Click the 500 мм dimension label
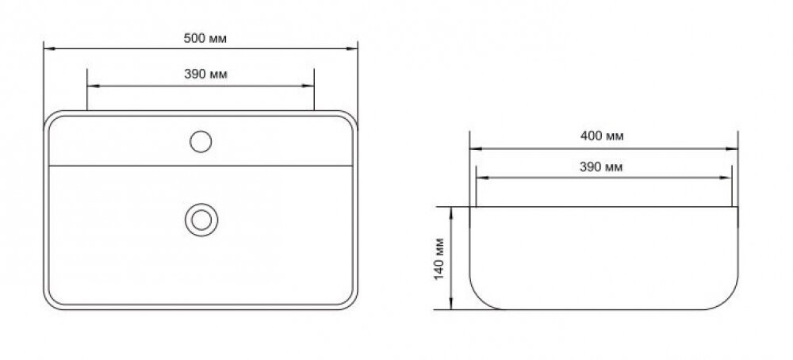coord(205,38)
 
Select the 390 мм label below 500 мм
coord(205,75)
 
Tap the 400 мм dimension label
coord(602,136)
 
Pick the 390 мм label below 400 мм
coord(601,167)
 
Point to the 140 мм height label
coord(439,258)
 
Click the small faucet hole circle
coord(201,141)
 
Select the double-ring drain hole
coord(201,220)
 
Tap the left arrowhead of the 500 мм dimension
coord(50,48)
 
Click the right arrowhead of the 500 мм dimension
coord(351,48)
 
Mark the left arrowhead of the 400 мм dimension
coord(475,148)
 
